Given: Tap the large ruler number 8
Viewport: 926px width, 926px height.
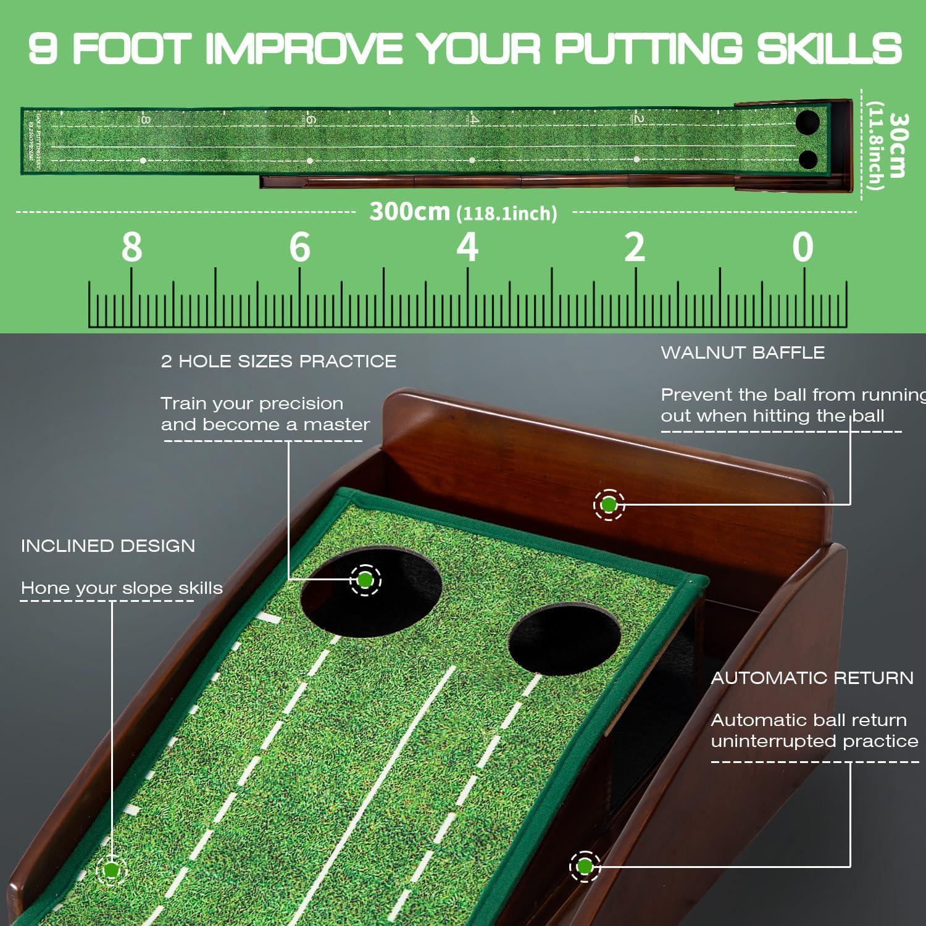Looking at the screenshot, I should click(131, 248).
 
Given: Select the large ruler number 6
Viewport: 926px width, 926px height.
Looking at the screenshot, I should click(300, 248).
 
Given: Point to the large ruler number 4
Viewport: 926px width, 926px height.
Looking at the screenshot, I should click(467, 248).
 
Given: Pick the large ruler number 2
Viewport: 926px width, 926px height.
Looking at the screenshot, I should click(635, 248).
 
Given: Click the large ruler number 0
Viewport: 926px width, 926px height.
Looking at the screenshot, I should click(803, 248).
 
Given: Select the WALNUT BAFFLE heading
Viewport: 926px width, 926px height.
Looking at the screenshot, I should click(743, 352).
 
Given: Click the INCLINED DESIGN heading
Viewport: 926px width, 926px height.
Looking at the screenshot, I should click(108, 546).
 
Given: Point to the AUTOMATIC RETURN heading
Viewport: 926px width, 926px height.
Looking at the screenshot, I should click(812, 678).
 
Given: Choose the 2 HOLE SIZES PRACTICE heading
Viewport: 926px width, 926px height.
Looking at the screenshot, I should click(278, 361).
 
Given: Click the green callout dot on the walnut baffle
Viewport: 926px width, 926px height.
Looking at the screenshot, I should click(609, 505).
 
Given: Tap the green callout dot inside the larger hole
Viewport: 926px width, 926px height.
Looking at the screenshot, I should click(365, 580).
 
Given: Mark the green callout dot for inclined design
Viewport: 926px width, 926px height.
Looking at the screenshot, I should click(112, 870).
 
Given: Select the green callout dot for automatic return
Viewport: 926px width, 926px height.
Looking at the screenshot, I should click(585, 867).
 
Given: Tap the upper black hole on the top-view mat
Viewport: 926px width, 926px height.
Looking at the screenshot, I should click(807, 122).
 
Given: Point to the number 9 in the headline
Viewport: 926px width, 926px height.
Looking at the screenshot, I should click(43, 48).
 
